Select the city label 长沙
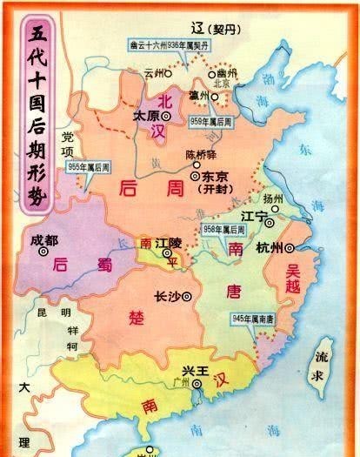[165, 295]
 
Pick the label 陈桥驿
[200, 154]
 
